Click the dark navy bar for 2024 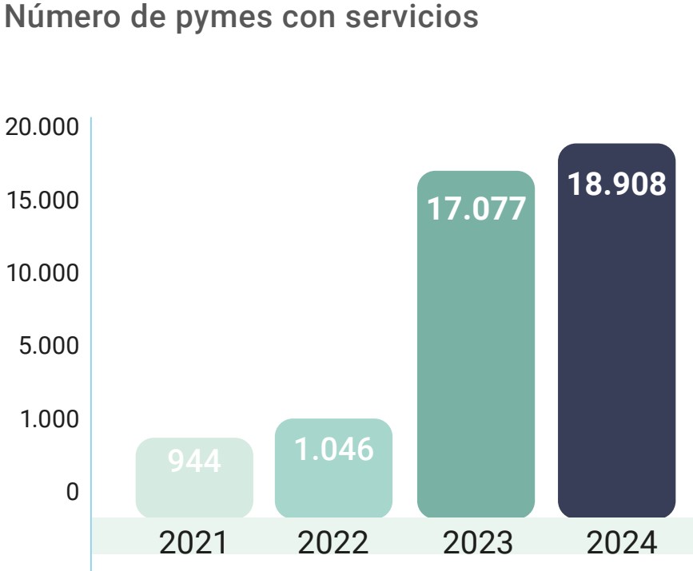pos(616,331)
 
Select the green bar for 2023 pos(476,344)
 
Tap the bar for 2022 pos(333,468)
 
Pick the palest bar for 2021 pos(194,478)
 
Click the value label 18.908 pos(616,184)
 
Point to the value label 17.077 pos(476,208)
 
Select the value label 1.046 pos(333,449)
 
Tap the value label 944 pos(194,461)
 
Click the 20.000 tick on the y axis pos(42,127)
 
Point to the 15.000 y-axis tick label pos(42,200)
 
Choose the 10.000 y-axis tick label pos(42,273)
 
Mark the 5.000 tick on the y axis pos(49,345)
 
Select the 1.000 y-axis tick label pos(50,418)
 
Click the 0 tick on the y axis pos(73,491)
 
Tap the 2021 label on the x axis pos(193,542)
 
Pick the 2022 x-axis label pos(333,542)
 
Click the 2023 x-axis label pos(478,542)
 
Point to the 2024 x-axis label pos(622,542)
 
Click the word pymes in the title pos(224,18)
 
